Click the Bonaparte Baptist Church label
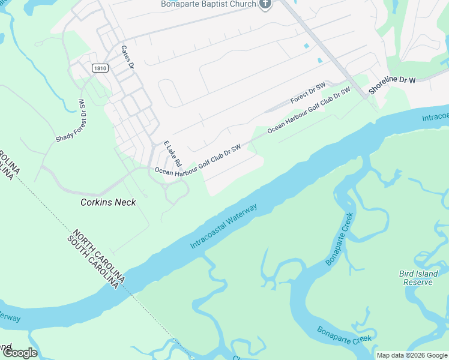[208, 4]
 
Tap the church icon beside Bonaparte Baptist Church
[266, 4]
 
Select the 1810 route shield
[100, 69]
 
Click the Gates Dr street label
[127, 56]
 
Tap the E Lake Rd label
[172, 154]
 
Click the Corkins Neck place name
[108, 203]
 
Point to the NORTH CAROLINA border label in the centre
[100, 256]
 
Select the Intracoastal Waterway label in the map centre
[224, 226]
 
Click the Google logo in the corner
[19, 353]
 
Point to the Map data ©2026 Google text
[412, 355]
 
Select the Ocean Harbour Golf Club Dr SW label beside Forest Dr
[309, 110]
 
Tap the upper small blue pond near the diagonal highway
[307, 46]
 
